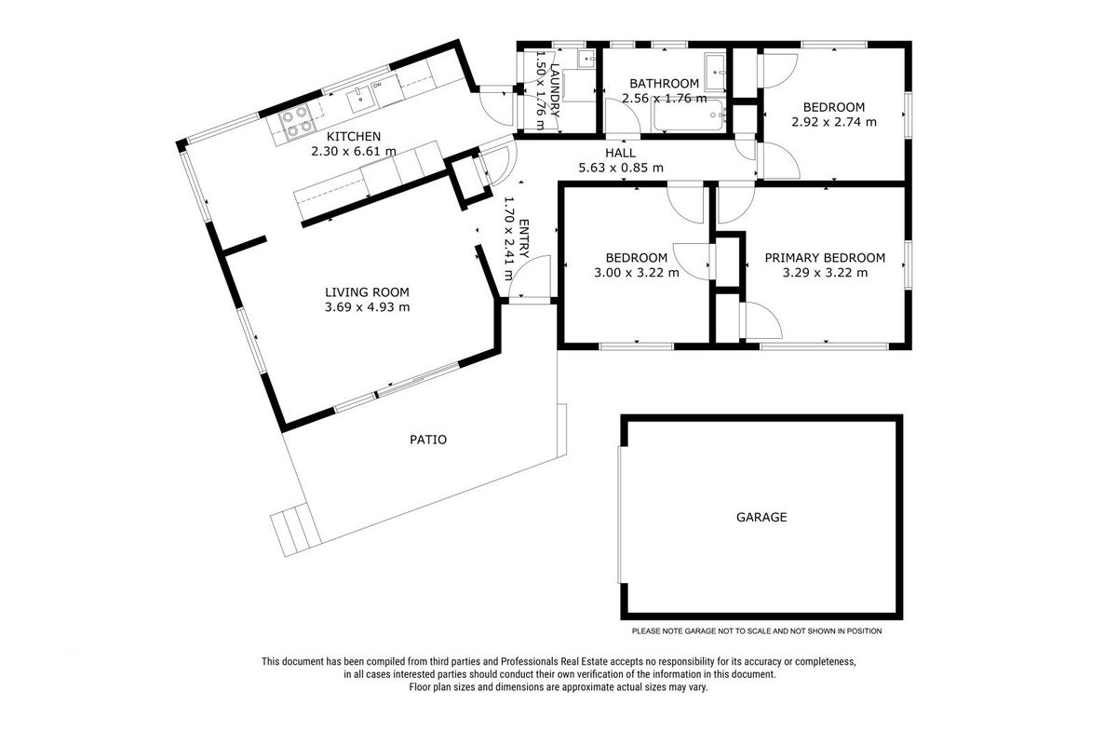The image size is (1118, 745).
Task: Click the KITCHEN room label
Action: [x=354, y=136]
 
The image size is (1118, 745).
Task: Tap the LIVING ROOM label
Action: [x=367, y=292]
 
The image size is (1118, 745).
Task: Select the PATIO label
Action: [x=428, y=440]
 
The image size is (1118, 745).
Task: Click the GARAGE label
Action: [x=761, y=517]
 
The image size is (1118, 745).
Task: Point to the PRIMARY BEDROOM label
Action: [x=825, y=258]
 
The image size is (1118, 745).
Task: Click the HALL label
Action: [x=620, y=153]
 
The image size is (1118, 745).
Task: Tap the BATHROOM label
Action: [x=664, y=84]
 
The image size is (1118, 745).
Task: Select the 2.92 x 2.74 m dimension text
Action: [x=834, y=122]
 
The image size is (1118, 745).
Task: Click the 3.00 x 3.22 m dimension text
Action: [x=637, y=273]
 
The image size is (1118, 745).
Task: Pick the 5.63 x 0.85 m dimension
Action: [x=621, y=168]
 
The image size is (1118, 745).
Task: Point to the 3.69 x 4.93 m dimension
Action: [x=367, y=307]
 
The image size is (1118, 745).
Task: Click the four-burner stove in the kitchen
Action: [x=296, y=122]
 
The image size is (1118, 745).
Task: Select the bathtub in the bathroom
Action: [x=689, y=115]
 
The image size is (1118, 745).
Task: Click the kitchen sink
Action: [x=360, y=100]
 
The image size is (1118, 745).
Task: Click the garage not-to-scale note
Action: [x=757, y=631]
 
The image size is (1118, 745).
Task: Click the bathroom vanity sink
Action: [x=717, y=72]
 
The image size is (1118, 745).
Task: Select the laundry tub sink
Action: [x=587, y=59]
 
